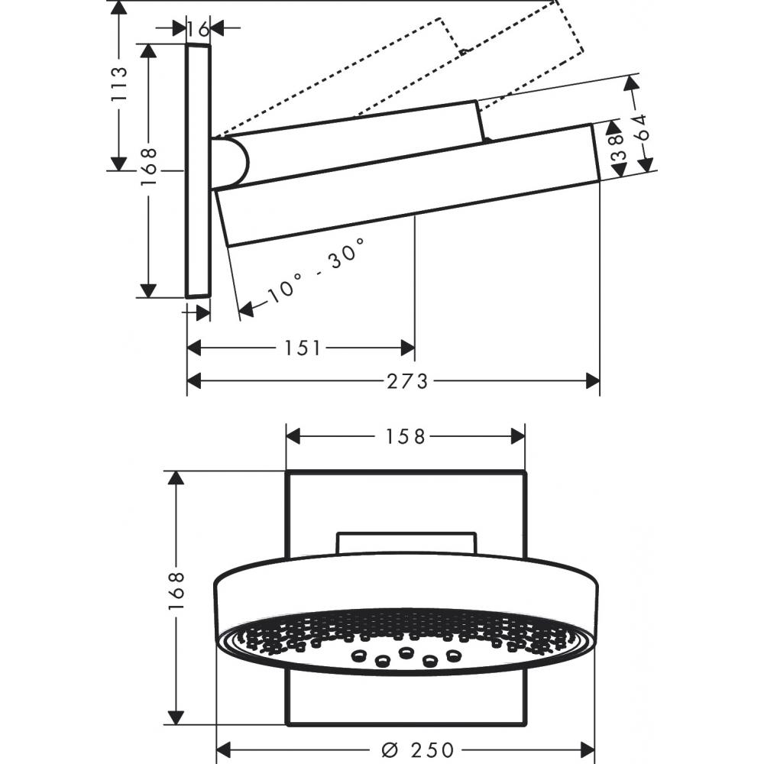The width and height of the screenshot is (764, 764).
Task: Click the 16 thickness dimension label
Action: [198, 29]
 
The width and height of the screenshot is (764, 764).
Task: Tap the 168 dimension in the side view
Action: [148, 166]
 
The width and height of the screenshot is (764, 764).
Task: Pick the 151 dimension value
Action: [302, 348]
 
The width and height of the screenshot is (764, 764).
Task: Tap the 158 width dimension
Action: [405, 436]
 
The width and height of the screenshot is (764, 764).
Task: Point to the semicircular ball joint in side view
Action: [231, 163]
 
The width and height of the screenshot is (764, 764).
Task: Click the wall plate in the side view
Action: [198, 170]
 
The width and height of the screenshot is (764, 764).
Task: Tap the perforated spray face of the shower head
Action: [405, 638]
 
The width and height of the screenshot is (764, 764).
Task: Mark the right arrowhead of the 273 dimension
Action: [593, 380]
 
